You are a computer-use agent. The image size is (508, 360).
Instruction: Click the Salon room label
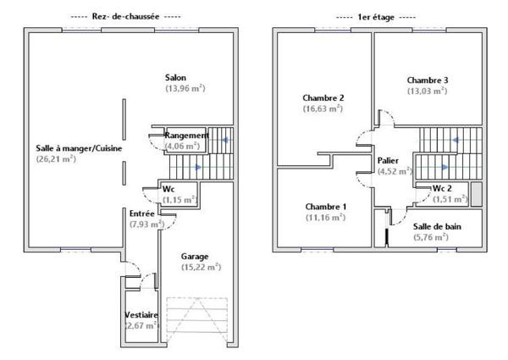[x=175, y=77]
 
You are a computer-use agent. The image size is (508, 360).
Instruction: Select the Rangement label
[x=186, y=136]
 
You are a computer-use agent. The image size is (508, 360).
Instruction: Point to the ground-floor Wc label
[x=168, y=189]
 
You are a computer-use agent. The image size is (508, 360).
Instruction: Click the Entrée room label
[x=141, y=213]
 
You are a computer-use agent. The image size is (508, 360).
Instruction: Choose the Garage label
[x=196, y=255]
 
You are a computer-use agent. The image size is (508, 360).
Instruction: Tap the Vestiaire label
[x=141, y=314]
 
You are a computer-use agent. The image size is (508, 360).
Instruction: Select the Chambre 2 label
[x=322, y=97]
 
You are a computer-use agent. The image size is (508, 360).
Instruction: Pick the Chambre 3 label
[x=427, y=80]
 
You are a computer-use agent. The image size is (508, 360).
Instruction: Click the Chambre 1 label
[x=325, y=207]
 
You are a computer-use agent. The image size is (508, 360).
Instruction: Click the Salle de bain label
[x=437, y=226]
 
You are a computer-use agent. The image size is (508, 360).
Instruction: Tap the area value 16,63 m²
[x=323, y=108]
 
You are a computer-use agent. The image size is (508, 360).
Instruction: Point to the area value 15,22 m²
[x=201, y=267]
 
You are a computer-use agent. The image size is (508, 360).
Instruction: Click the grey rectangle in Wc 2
[x=476, y=193]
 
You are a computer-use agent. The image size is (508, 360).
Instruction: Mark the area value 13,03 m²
[x=427, y=91]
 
